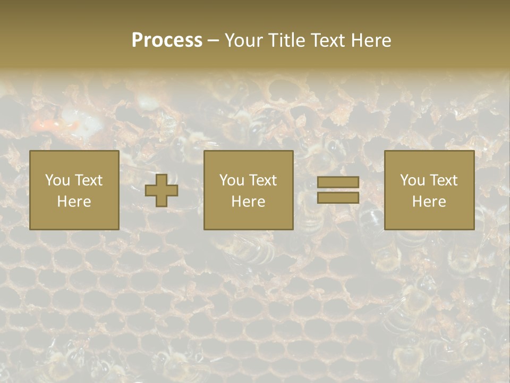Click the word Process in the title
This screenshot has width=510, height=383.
167,40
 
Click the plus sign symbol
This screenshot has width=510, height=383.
161,190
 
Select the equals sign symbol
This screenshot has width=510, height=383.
338,190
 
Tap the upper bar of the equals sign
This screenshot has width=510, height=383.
338,182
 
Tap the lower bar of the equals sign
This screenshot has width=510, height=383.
338,197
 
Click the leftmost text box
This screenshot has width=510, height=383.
74,190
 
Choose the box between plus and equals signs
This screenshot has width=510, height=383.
248,190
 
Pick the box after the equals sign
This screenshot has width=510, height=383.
429,190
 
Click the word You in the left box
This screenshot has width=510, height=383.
57,180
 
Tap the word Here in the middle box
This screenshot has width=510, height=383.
248,202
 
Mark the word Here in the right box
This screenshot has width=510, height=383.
429,202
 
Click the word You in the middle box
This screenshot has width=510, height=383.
231,180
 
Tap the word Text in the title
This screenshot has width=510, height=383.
326,40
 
